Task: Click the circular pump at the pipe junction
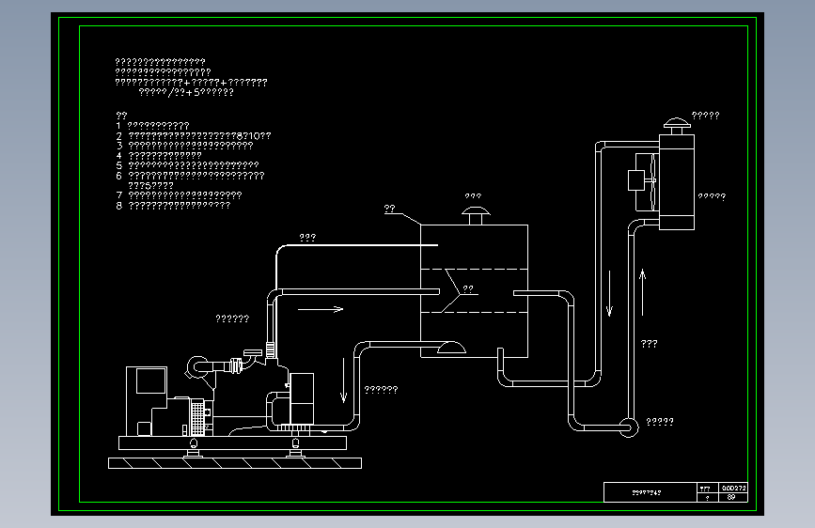pyautogui.click(x=629, y=426)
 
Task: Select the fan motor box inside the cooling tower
pyautogui.click(x=636, y=179)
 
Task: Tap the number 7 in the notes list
pyautogui.click(x=119, y=195)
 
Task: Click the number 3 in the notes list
pyautogui.click(x=119, y=146)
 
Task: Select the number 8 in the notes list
pyautogui.click(x=119, y=205)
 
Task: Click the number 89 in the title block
pyautogui.click(x=731, y=497)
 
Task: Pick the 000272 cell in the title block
pyautogui.click(x=733, y=488)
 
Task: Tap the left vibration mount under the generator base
pyautogui.click(x=194, y=447)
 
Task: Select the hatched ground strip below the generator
pyautogui.click(x=234, y=462)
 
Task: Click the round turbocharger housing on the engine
pyautogui.click(x=198, y=365)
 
